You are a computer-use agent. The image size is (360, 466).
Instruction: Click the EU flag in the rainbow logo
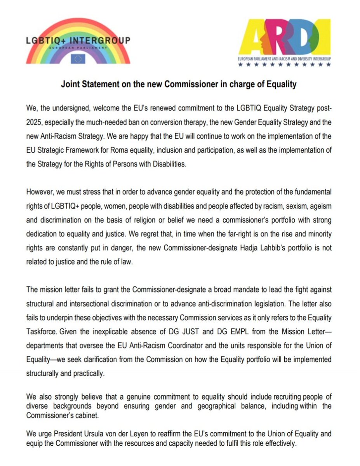78,58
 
